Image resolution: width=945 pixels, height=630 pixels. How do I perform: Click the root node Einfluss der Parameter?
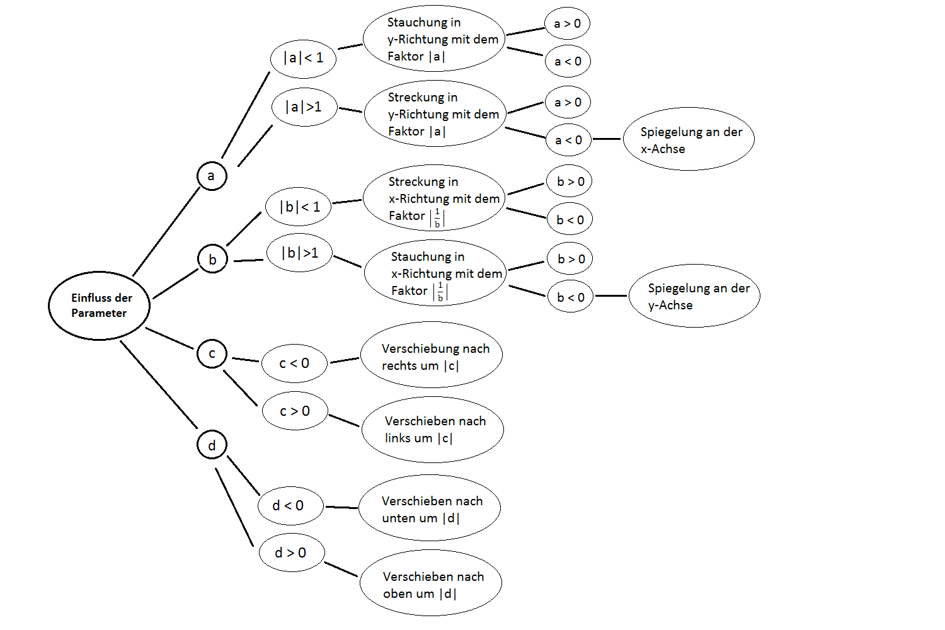click(x=100, y=306)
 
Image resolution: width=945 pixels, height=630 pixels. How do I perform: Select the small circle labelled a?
click(x=212, y=176)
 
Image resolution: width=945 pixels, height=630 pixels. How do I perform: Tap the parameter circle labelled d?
click(x=212, y=445)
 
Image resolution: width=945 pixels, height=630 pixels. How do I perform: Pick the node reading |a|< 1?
click(x=303, y=59)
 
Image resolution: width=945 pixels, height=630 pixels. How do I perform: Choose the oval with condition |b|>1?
click(x=299, y=253)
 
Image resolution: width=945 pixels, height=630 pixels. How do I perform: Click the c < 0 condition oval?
click(x=294, y=364)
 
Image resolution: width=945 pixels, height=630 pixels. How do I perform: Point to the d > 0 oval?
click(x=291, y=553)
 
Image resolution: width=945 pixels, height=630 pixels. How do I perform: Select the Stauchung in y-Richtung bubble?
click(x=434, y=39)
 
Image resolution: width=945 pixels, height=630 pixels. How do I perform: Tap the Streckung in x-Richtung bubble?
click(x=434, y=198)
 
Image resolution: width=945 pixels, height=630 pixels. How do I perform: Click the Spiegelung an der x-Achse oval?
click(x=688, y=139)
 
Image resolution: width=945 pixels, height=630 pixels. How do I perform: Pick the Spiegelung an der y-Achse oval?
click(x=694, y=296)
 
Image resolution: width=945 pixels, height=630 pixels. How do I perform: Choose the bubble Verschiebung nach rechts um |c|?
click(x=432, y=357)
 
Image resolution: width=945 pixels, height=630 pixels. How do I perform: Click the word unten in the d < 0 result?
click(x=400, y=518)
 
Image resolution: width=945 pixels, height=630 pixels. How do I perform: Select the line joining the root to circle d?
click(x=159, y=385)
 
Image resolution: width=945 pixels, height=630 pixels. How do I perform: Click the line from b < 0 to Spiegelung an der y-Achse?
click(x=611, y=295)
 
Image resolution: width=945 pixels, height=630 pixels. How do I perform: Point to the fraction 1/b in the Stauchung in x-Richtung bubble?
click(x=440, y=292)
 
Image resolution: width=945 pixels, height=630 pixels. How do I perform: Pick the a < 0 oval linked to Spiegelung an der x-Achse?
click(x=568, y=140)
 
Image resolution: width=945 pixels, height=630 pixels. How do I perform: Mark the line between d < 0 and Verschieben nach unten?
click(x=341, y=507)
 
